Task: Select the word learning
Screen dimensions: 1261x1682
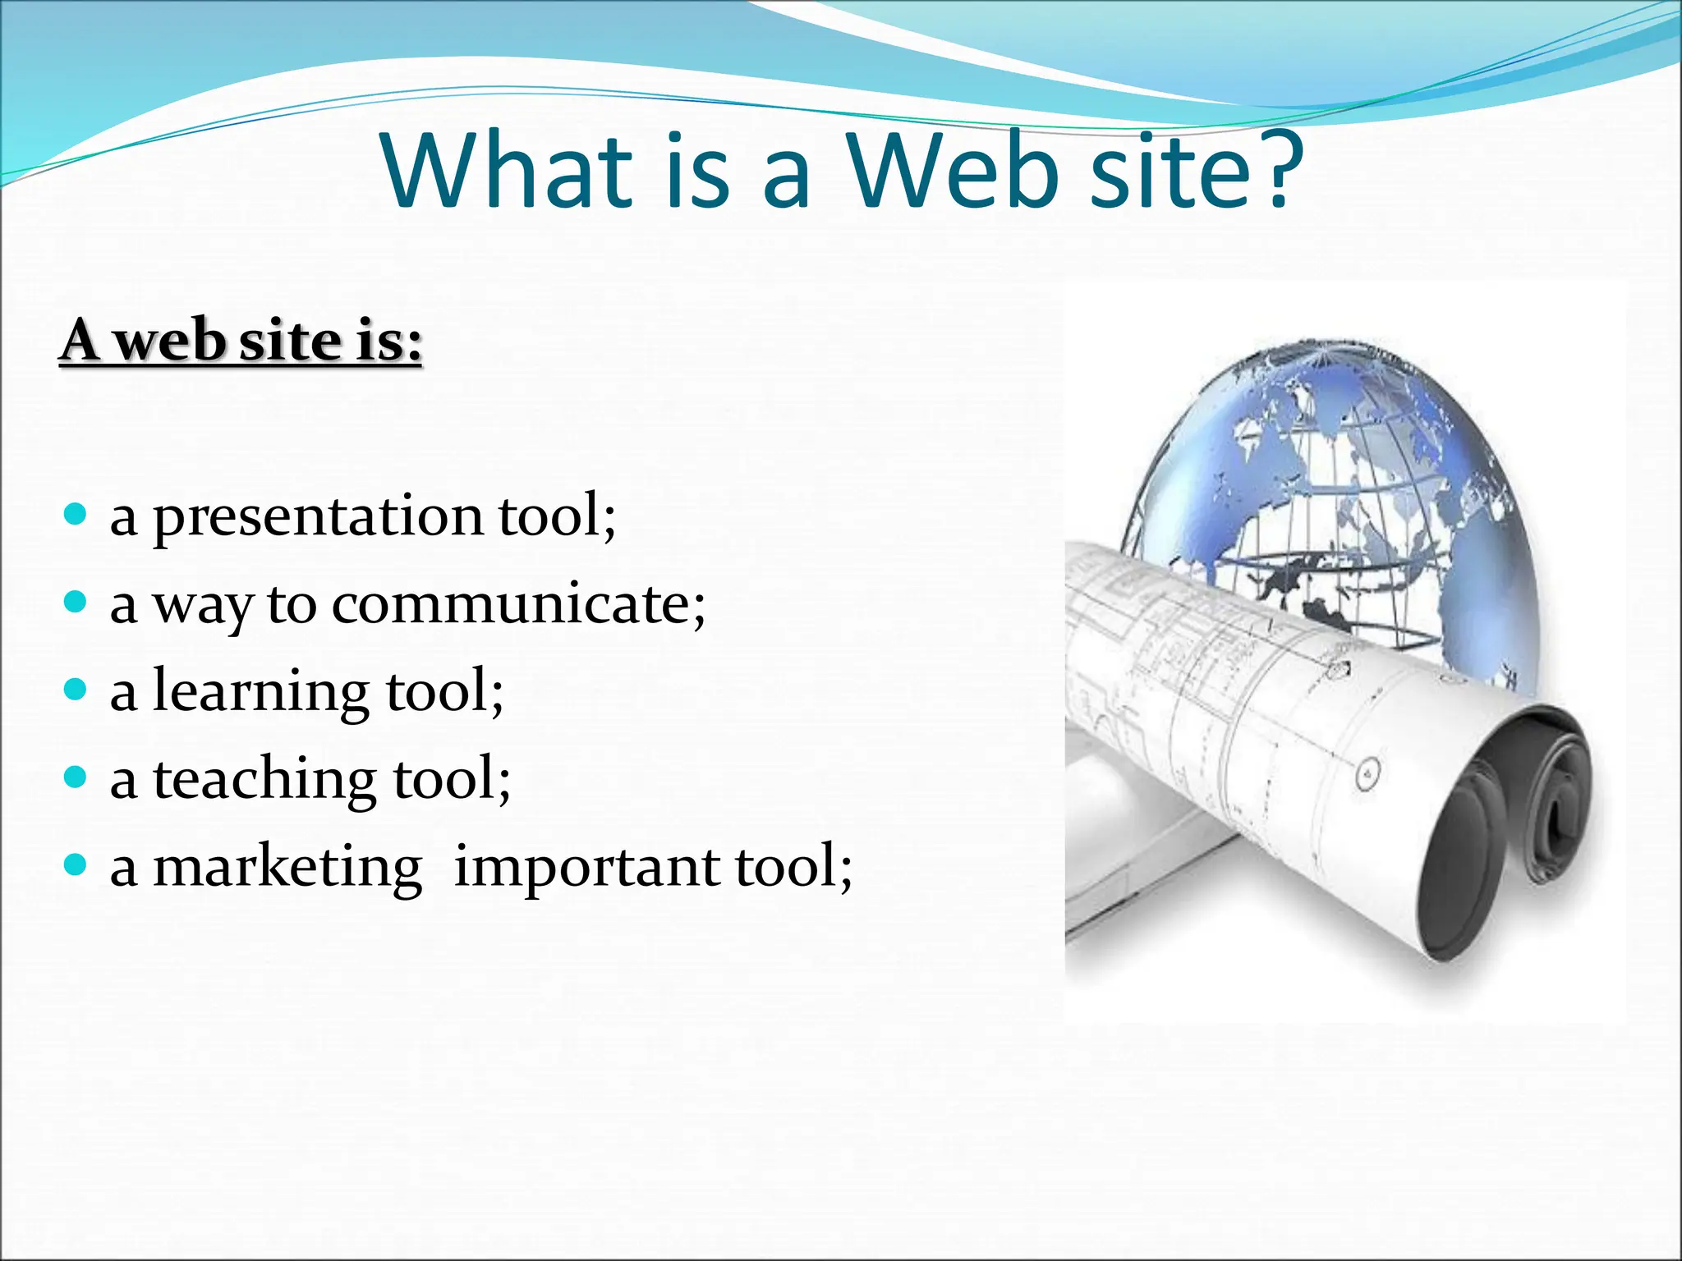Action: (261, 694)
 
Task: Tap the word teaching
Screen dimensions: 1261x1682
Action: (264, 780)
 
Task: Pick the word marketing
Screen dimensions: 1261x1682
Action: (287, 869)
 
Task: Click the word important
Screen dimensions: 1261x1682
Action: (586, 869)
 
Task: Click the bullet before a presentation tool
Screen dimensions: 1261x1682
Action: (75, 516)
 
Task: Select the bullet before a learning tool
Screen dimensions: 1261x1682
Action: (75, 690)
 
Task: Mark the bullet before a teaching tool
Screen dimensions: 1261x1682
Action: (75, 777)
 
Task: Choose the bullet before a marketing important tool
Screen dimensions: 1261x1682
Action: (75, 864)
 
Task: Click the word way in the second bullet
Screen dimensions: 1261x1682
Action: (202, 607)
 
